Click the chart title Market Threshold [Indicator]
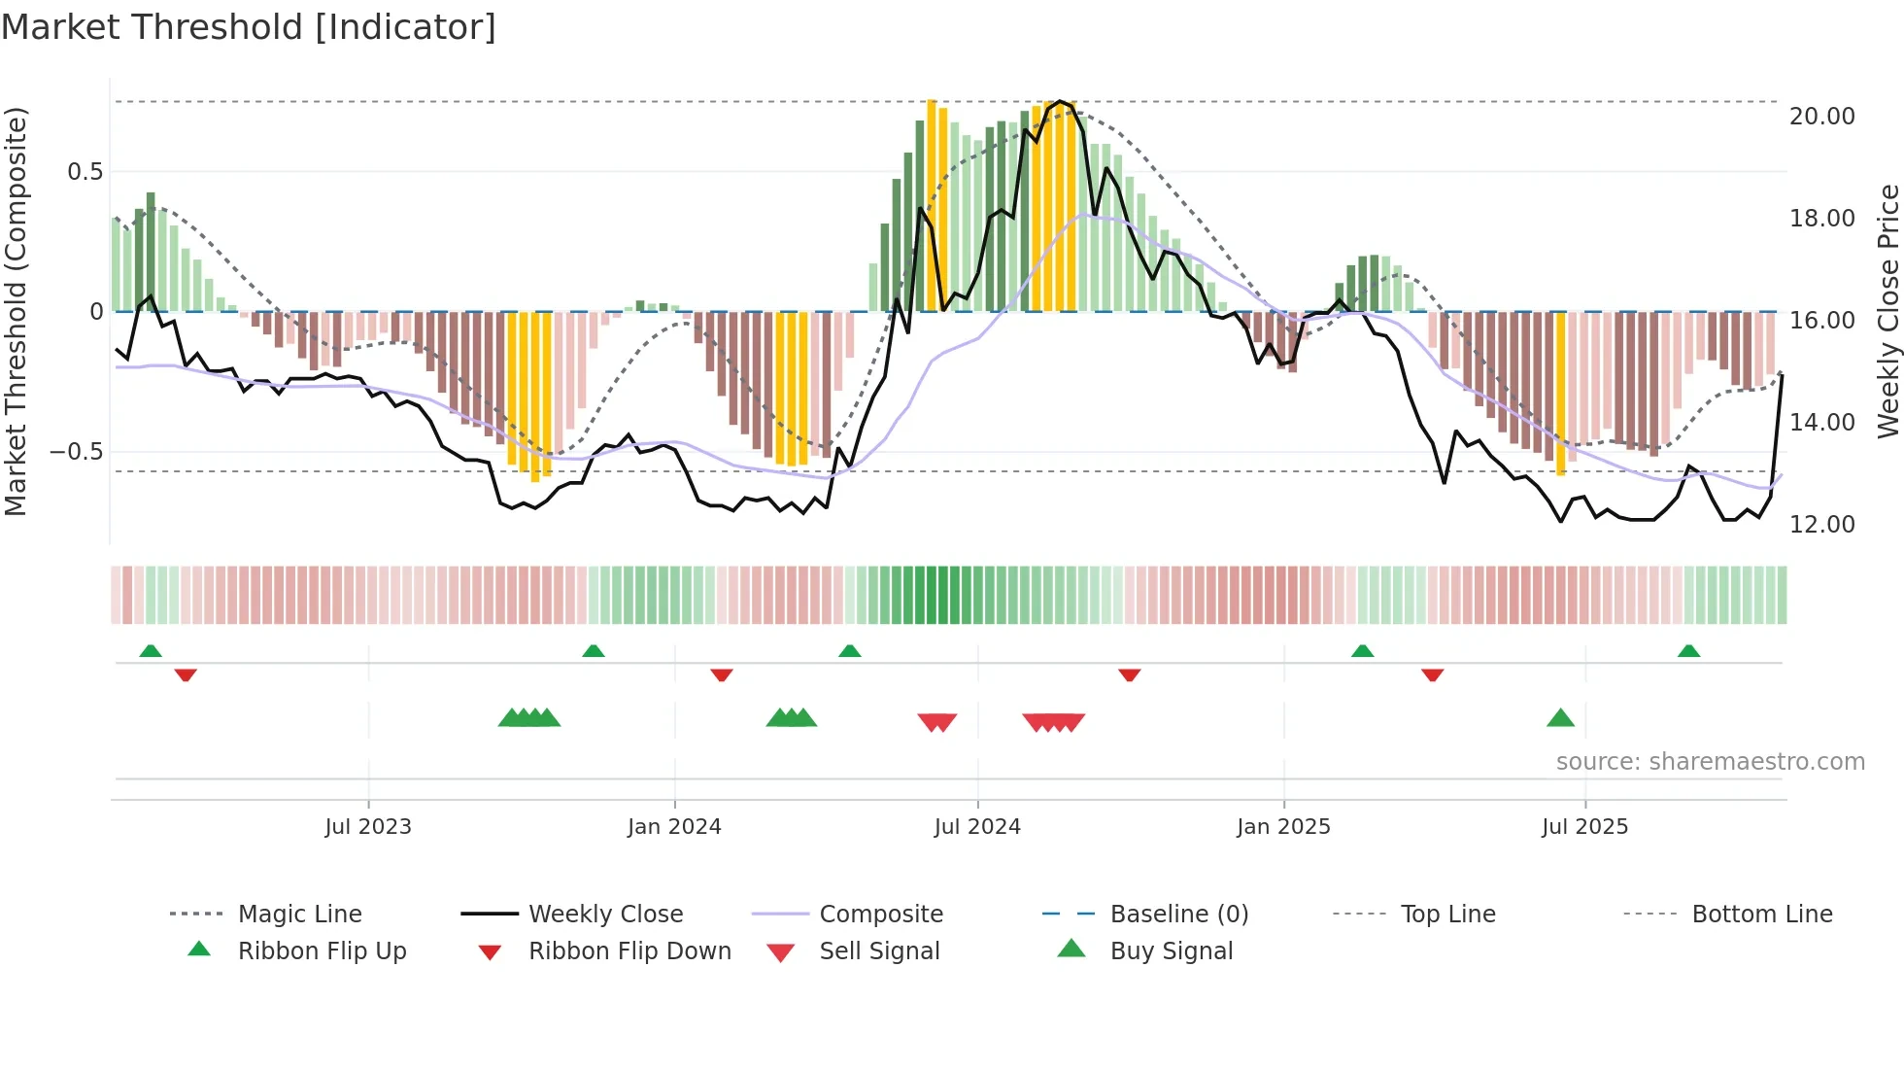249,27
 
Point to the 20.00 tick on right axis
1821,117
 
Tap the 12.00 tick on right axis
1821,525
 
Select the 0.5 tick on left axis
85,172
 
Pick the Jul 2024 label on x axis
977,827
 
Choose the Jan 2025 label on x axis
1283,827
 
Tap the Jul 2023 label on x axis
368,827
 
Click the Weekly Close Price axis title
1887,311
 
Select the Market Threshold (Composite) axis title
16,311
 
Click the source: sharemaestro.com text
1710,762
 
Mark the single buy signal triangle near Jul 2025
1560,718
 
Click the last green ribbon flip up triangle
1688,651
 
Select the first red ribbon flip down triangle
186,674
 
